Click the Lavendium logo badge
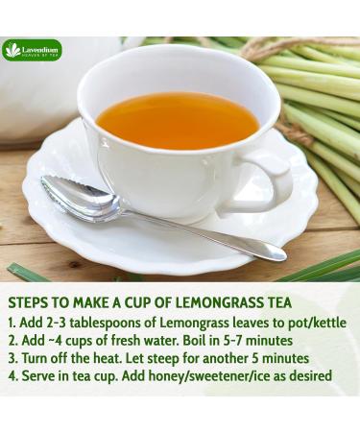(x=32, y=50)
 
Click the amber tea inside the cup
(x=178, y=119)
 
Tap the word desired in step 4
(x=307, y=376)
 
